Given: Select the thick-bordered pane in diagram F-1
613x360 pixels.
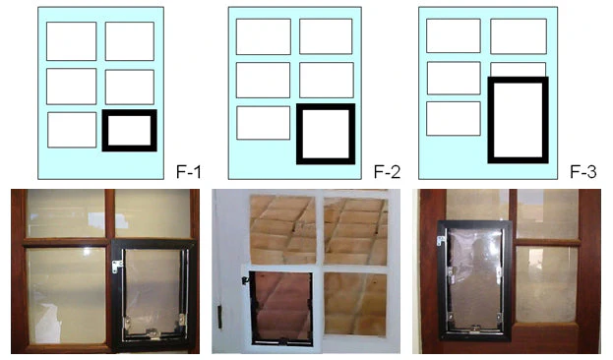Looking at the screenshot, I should tap(129, 130).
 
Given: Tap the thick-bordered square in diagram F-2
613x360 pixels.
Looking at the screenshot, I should tap(326, 134).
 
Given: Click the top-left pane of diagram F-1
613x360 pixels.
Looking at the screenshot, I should tap(72, 41).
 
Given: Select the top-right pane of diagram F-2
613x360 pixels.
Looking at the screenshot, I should tap(326, 36).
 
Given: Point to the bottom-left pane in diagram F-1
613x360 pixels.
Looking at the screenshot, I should tap(72, 130).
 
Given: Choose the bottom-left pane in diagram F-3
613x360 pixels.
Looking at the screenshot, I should tap(454, 118).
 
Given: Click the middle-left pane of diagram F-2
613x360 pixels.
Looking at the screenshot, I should tap(263, 80).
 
